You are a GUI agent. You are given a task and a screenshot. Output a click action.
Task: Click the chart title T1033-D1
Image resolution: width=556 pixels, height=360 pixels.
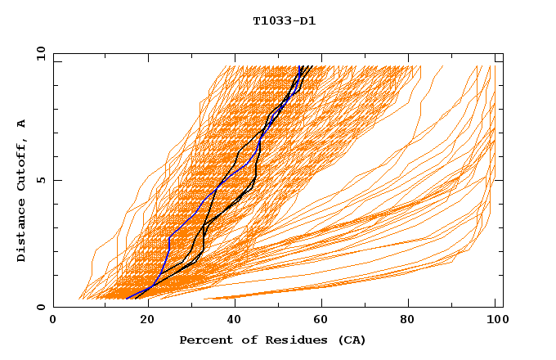pos(284,20)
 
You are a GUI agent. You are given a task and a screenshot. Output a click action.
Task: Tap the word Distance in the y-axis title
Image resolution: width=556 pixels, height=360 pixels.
pos(22,228)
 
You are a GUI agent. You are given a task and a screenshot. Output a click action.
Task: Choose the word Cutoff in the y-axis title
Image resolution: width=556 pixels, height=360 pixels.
pos(22,161)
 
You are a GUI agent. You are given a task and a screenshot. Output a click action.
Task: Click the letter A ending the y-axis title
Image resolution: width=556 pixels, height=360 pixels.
pos(22,124)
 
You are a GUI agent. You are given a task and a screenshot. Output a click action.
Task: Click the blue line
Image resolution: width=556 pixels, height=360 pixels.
pos(169,237)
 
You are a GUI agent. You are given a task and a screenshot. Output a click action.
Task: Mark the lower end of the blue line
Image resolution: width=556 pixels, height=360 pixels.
pos(127,299)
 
